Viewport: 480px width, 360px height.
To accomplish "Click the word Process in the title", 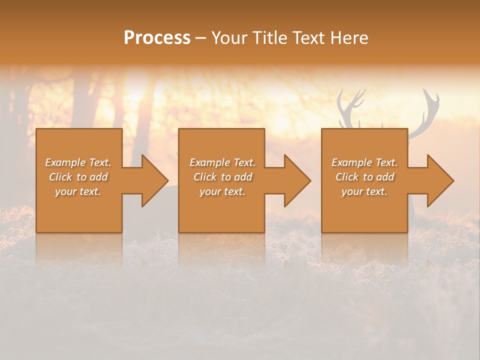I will click(x=157, y=38).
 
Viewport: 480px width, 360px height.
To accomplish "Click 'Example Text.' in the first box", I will click(x=78, y=162).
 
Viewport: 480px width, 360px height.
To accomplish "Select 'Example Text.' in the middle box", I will click(x=222, y=162).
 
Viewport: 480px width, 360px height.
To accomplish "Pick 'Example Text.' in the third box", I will click(x=364, y=162).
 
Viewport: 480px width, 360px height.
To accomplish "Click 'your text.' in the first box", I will click(x=78, y=191).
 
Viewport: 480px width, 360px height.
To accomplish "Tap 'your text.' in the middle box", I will click(x=222, y=191).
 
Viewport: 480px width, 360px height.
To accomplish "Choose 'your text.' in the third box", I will click(x=364, y=191).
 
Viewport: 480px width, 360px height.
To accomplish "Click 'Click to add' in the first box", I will click(x=78, y=177).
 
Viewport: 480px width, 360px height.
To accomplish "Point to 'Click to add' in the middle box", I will click(x=222, y=177).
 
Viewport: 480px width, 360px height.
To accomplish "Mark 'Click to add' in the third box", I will click(x=364, y=177).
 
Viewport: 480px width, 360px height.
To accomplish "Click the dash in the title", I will click(x=200, y=38).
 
